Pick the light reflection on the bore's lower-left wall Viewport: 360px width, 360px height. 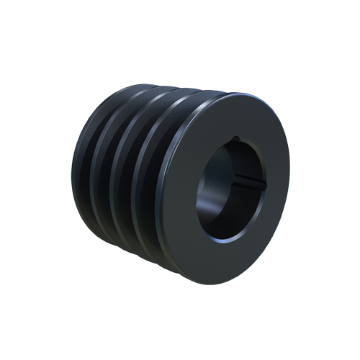(x=209, y=216)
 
